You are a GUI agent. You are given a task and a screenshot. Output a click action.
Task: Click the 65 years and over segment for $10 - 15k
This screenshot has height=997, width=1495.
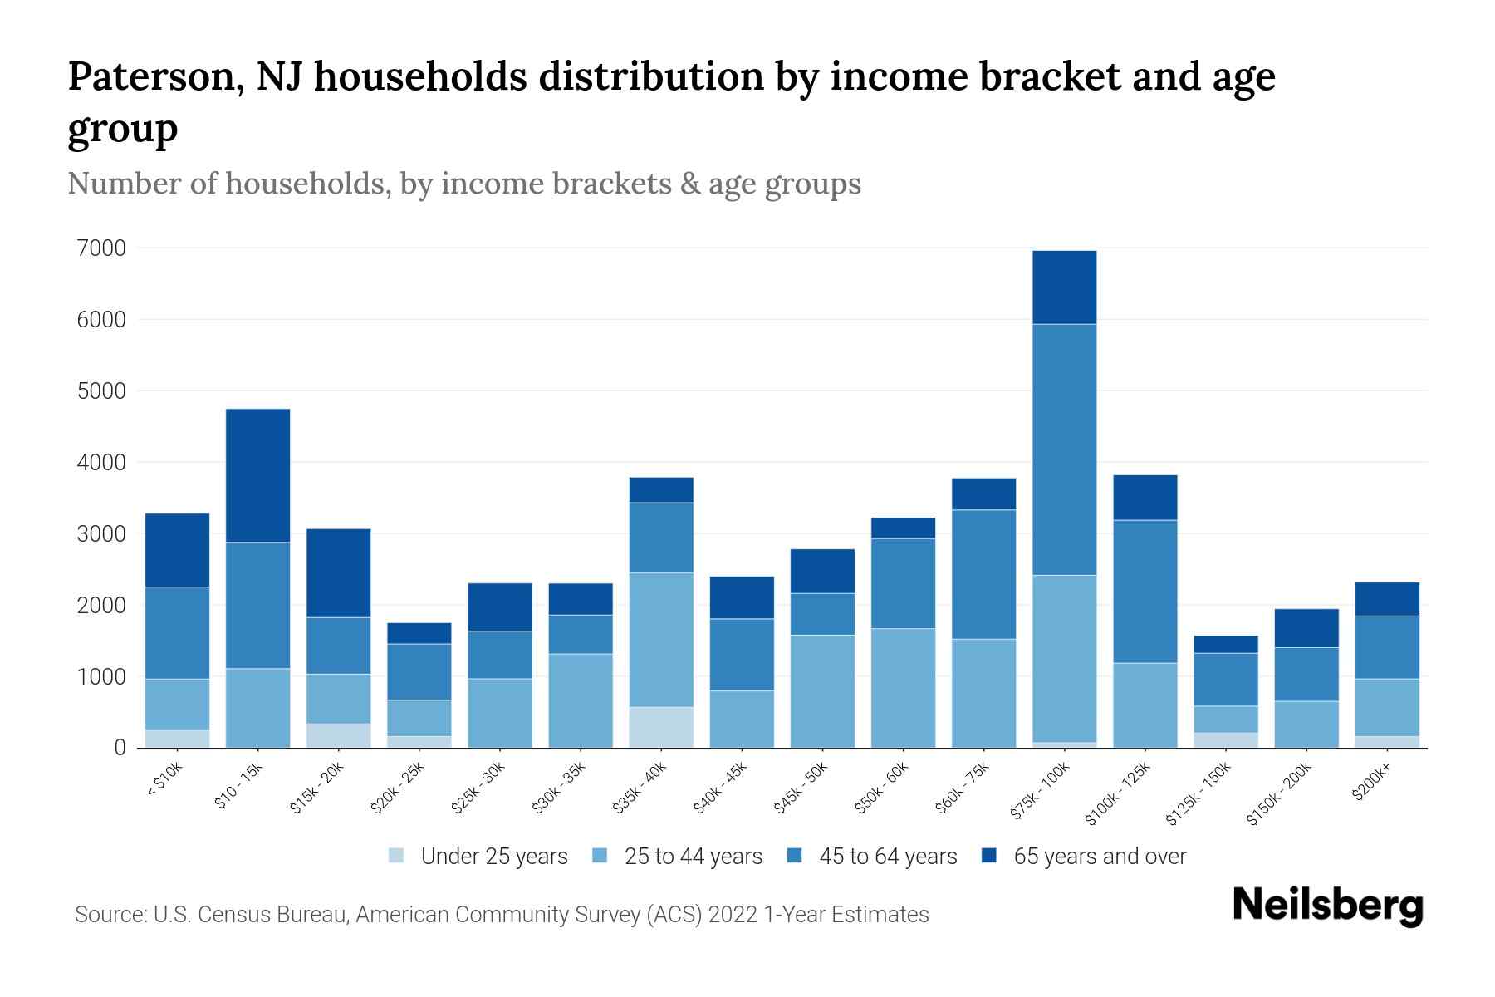[257, 475]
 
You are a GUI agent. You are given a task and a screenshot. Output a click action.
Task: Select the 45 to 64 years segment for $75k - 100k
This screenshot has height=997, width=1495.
[1064, 449]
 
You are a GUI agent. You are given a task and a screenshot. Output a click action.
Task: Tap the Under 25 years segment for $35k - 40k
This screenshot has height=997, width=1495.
[661, 727]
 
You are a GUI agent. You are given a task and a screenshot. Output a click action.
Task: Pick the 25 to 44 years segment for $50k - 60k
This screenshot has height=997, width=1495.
[903, 688]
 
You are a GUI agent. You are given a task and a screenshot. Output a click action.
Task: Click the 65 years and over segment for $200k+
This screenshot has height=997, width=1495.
[1387, 599]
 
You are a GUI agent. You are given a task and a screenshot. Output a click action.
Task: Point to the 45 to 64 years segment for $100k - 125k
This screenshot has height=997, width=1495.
[1145, 592]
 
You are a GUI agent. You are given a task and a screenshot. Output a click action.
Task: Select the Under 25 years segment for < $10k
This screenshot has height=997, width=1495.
[177, 739]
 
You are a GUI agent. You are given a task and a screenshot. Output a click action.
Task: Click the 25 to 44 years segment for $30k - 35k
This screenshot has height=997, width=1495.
[581, 700]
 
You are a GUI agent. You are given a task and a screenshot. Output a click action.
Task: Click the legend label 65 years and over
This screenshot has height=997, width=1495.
[1100, 857]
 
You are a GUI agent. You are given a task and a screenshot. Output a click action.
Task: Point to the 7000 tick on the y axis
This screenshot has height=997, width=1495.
[101, 248]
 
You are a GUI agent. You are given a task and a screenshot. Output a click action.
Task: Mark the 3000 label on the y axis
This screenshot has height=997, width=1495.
[101, 534]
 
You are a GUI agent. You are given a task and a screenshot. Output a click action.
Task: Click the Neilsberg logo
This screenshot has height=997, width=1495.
[1327, 906]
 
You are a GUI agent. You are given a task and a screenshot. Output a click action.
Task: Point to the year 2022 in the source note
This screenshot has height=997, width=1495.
[733, 915]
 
